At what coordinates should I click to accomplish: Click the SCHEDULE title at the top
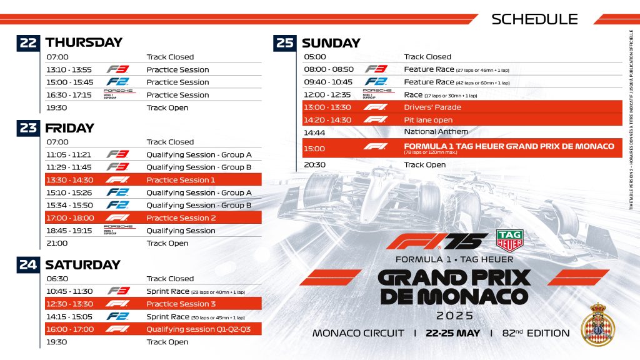point(534,19)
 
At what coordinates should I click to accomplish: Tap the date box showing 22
point(28,42)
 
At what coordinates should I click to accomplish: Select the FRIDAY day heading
point(69,128)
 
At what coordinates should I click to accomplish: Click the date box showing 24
point(28,264)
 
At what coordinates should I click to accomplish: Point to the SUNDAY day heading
point(331,43)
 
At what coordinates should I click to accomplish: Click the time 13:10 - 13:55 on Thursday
point(69,69)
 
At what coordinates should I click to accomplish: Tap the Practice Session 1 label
point(181,180)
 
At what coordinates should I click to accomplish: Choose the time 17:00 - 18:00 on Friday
point(70,218)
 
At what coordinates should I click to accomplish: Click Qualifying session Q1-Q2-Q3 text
point(198,329)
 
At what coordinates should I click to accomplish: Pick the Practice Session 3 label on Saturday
point(181,304)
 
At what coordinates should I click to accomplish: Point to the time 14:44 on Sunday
point(314,132)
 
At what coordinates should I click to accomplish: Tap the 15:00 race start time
point(314,149)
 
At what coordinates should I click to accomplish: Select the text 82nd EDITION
point(536,333)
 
